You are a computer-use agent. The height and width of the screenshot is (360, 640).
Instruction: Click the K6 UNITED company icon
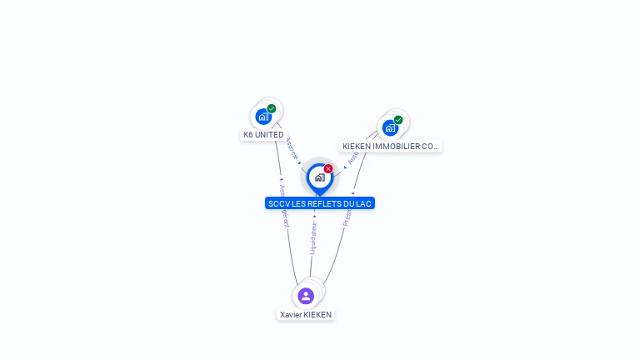pos(263,117)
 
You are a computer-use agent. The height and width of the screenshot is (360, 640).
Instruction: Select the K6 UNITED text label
pos(263,135)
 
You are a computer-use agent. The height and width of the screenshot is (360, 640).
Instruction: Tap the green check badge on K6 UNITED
pos(272,108)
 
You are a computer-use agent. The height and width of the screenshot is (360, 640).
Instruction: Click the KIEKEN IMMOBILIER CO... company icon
pos(390,128)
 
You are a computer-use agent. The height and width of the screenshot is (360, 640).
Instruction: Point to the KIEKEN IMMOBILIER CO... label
pos(391,147)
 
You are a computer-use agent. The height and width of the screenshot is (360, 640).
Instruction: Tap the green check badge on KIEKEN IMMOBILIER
pos(398,120)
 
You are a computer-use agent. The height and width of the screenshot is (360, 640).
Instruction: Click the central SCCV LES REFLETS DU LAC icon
pos(319,177)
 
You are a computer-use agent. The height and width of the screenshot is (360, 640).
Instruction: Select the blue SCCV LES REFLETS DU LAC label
pos(320,203)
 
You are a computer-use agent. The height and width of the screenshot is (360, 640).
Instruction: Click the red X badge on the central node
pos(328,169)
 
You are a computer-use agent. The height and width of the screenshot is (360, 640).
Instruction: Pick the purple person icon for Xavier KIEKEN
pos(306,296)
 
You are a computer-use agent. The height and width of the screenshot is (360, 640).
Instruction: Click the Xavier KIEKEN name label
pos(306,315)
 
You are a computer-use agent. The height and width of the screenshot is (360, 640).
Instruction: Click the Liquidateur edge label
pos(313,237)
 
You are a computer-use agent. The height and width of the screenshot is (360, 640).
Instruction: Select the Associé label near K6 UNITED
pos(292,148)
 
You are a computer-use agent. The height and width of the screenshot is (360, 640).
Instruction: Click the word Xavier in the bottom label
pos(291,315)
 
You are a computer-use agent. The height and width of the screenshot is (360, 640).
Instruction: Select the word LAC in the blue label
pos(364,203)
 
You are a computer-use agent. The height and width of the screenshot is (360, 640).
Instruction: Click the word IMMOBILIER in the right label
pos(397,147)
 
